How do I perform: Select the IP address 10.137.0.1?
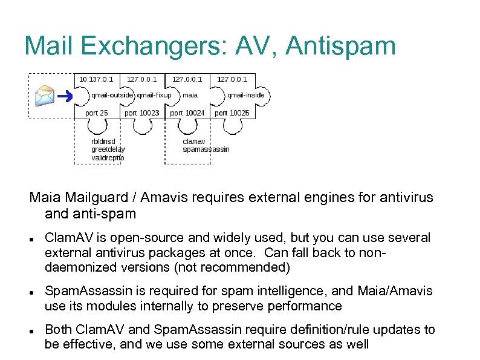point(96,79)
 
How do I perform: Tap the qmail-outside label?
point(112,95)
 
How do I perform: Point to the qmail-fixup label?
point(154,95)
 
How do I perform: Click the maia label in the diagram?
point(190,95)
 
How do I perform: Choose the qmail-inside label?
point(245,95)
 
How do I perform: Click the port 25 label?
point(97,113)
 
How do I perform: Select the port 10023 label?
point(142,113)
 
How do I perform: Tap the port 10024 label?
point(187,113)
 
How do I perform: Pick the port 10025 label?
point(232,113)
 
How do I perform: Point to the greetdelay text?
point(108,149)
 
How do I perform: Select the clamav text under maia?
point(194,142)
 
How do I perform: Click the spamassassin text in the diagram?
point(206,149)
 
